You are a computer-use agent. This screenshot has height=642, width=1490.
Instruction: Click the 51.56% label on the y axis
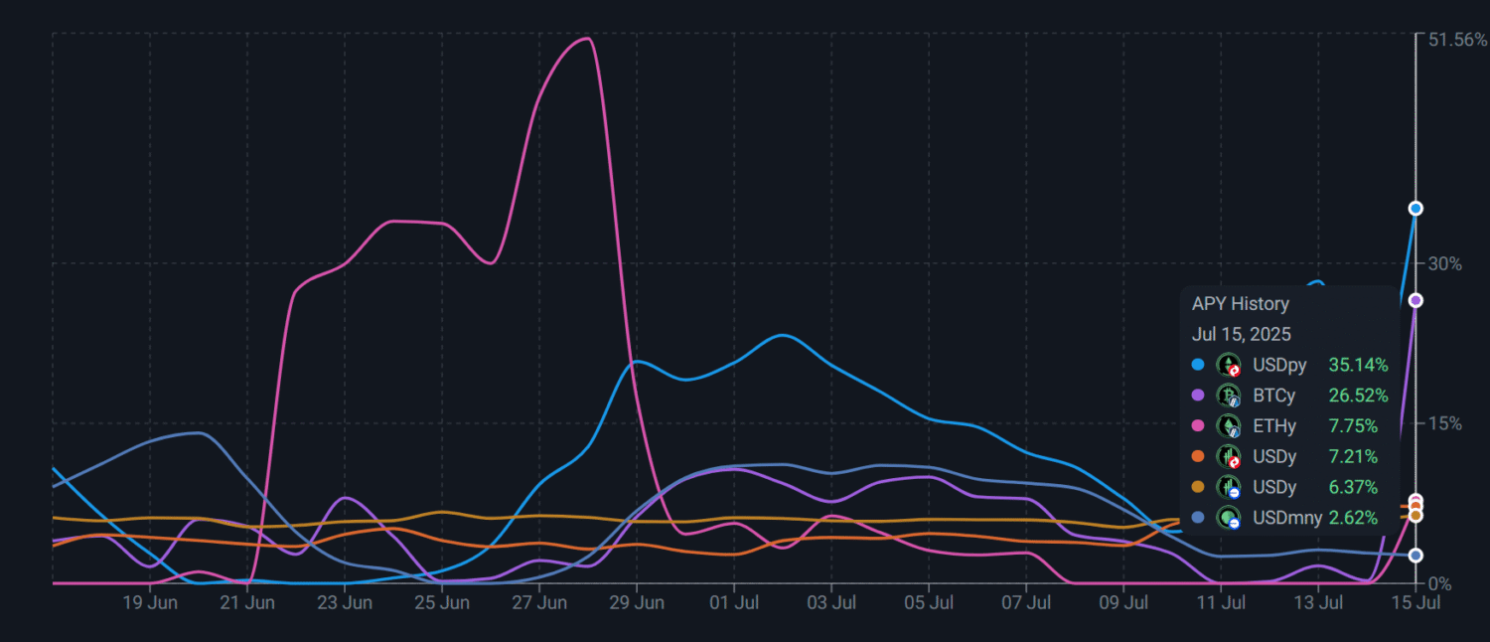pos(1457,41)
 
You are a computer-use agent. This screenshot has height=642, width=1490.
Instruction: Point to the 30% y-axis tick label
pos(1445,263)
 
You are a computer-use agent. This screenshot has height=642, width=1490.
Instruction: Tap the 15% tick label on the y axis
pos(1445,423)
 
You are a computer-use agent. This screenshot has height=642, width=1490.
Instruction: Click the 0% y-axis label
pos(1440,583)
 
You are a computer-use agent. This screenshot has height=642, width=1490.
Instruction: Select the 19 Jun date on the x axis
pos(150,602)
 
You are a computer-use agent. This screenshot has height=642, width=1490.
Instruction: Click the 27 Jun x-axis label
pos(538,602)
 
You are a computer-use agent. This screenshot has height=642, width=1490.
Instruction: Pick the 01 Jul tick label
pos(733,602)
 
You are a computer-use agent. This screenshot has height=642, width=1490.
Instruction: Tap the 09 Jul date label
pos(1123,602)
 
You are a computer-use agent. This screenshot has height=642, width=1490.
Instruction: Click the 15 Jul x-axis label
pos(1415,602)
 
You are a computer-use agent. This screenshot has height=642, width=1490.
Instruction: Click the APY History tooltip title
pos(1240,304)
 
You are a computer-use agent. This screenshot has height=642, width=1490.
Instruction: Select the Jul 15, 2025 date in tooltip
pos(1242,334)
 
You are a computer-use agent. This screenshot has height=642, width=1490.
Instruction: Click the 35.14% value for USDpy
pos(1358,365)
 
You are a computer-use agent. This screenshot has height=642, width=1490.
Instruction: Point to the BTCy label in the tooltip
pos(1274,396)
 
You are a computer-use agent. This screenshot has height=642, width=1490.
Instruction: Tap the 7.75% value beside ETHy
pos(1353,426)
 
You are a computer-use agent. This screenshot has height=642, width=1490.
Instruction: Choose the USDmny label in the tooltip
pos(1287,518)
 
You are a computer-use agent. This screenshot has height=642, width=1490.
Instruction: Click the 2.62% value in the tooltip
pos(1353,518)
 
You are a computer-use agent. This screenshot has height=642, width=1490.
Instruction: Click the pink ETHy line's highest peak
pos(588,39)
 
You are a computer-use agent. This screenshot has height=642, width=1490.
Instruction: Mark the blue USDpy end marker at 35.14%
pos(1415,208)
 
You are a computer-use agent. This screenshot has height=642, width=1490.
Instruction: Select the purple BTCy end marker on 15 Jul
pos(1415,300)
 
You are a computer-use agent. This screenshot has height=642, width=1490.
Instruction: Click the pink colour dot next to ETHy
pos(1198,426)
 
